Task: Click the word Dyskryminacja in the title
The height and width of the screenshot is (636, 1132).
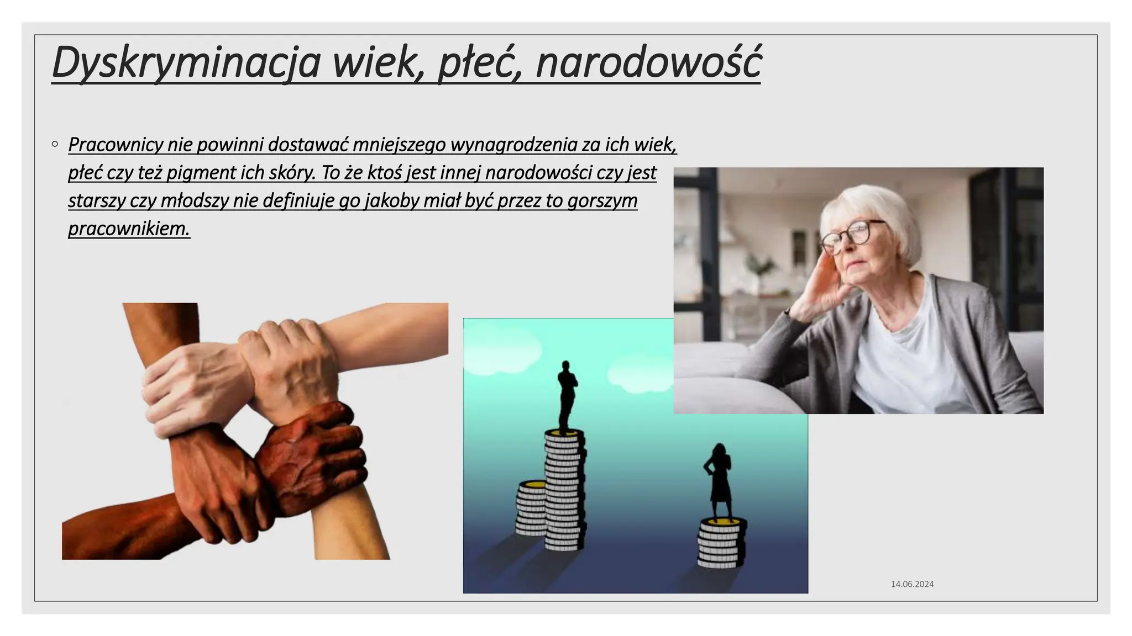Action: click(x=186, y=62)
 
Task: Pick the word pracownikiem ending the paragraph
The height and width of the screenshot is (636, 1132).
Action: click(x=129, y=229)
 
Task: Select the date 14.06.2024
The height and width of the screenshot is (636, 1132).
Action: click(x=912, y=584)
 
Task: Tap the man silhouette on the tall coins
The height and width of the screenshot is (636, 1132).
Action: click(x=566, y=395)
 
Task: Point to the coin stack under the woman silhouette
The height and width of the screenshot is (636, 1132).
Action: click(x=720, y=544)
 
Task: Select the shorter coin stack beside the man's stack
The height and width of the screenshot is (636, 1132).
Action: click(x=531, y=508)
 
